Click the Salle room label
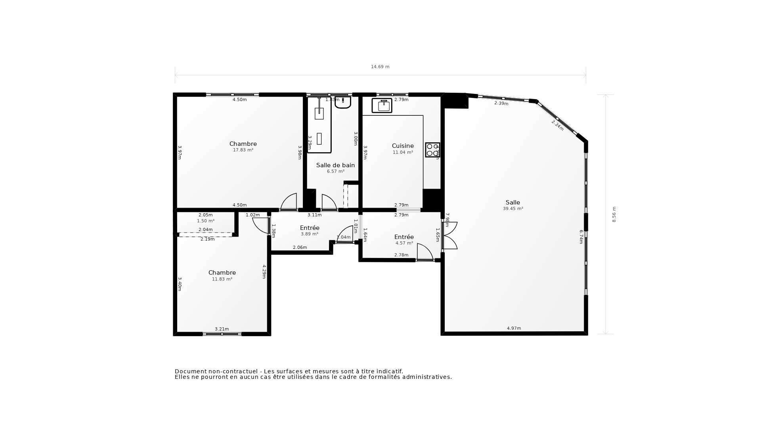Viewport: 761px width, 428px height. coord(512,203)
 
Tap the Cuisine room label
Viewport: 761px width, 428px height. coord(403,146)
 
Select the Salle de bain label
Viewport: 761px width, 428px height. coord(335,165)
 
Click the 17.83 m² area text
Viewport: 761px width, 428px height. coord(243,150)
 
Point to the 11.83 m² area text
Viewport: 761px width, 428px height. coord(222,279)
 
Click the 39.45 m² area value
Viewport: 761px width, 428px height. coord(513,208)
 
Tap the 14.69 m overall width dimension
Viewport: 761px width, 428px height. coord(380,67)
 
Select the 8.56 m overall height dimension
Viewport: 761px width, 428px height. coord(614,214)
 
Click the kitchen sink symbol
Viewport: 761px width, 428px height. coord(382,105)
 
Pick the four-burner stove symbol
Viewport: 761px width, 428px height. coord(432,150)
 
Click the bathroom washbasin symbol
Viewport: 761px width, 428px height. coord(343,102)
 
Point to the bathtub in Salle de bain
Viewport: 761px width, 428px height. coord(319,125)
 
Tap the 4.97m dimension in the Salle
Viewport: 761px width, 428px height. coord(514,328)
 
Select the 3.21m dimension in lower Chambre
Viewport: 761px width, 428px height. coord(222,329)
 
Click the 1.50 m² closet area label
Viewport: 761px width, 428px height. coord(206,221)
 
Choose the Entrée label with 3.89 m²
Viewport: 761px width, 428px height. coord(310,228)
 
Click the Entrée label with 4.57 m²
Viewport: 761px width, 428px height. coord(404,237)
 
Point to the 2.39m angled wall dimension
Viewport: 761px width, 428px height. coord(501,103)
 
